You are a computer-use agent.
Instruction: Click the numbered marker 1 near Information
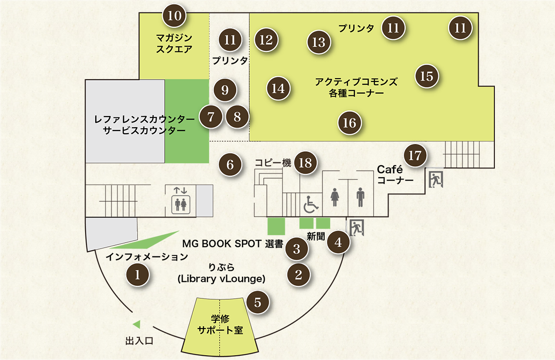137,274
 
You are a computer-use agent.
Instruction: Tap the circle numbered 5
258,302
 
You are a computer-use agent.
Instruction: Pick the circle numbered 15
427,76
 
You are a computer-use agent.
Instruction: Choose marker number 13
319,42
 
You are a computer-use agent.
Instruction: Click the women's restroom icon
335,197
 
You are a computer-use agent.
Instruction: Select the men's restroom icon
361,197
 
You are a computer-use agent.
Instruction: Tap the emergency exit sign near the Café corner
435,178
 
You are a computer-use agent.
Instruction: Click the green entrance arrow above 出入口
136,323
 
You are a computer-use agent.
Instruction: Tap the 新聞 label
316,236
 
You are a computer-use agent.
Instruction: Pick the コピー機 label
272,163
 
